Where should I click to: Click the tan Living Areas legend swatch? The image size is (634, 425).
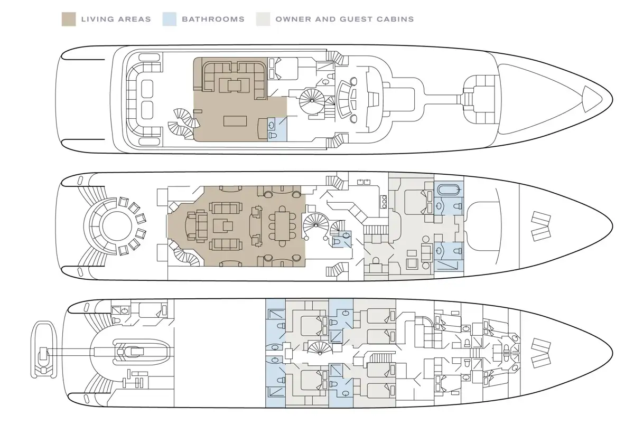pyautogui.click(x=69, y=19)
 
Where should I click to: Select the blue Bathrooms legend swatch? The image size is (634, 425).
pyautogui.click(x=170, y=19)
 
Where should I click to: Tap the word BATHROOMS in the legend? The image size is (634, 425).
pyautogui.click(x=213, y=19)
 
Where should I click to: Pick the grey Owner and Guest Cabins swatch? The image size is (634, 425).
pyautogui.click(x=263, y=19)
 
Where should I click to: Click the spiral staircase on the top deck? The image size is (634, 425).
pyautogui.click(x=312, y=101)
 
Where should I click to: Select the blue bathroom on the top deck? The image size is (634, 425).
pyautogui.click(x=277, y=129)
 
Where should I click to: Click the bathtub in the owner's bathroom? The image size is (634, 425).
pyautogui.click(x=449, y=189)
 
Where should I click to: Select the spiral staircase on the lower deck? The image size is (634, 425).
pyautogui.click(x=319, y=348)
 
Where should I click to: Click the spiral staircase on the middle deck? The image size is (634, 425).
pyautogui.click(x=316, y=225)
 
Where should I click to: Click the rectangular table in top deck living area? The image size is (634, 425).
pyautogui.click(x=235, y=121)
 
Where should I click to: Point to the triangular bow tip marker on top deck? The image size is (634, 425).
pyautogui.click(x=592, y=99)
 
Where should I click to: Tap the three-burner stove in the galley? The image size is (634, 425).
pyautogui.click(x=384, y=202)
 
